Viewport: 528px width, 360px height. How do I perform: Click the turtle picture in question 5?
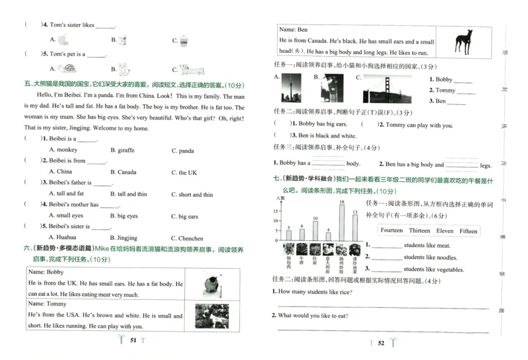click(x=66, y=69)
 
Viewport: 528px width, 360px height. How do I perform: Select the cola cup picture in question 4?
click(x=185, y=40)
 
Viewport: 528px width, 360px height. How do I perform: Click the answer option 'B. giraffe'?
click(x=123, y=151)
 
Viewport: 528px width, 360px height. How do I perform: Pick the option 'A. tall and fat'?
click(x=66, y=194)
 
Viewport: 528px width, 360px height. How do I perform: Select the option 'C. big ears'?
click(x=184, y=216)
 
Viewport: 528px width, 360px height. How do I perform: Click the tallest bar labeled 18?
click(x=341, y=223)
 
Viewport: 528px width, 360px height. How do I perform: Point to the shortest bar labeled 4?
click(x=329, y=236)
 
